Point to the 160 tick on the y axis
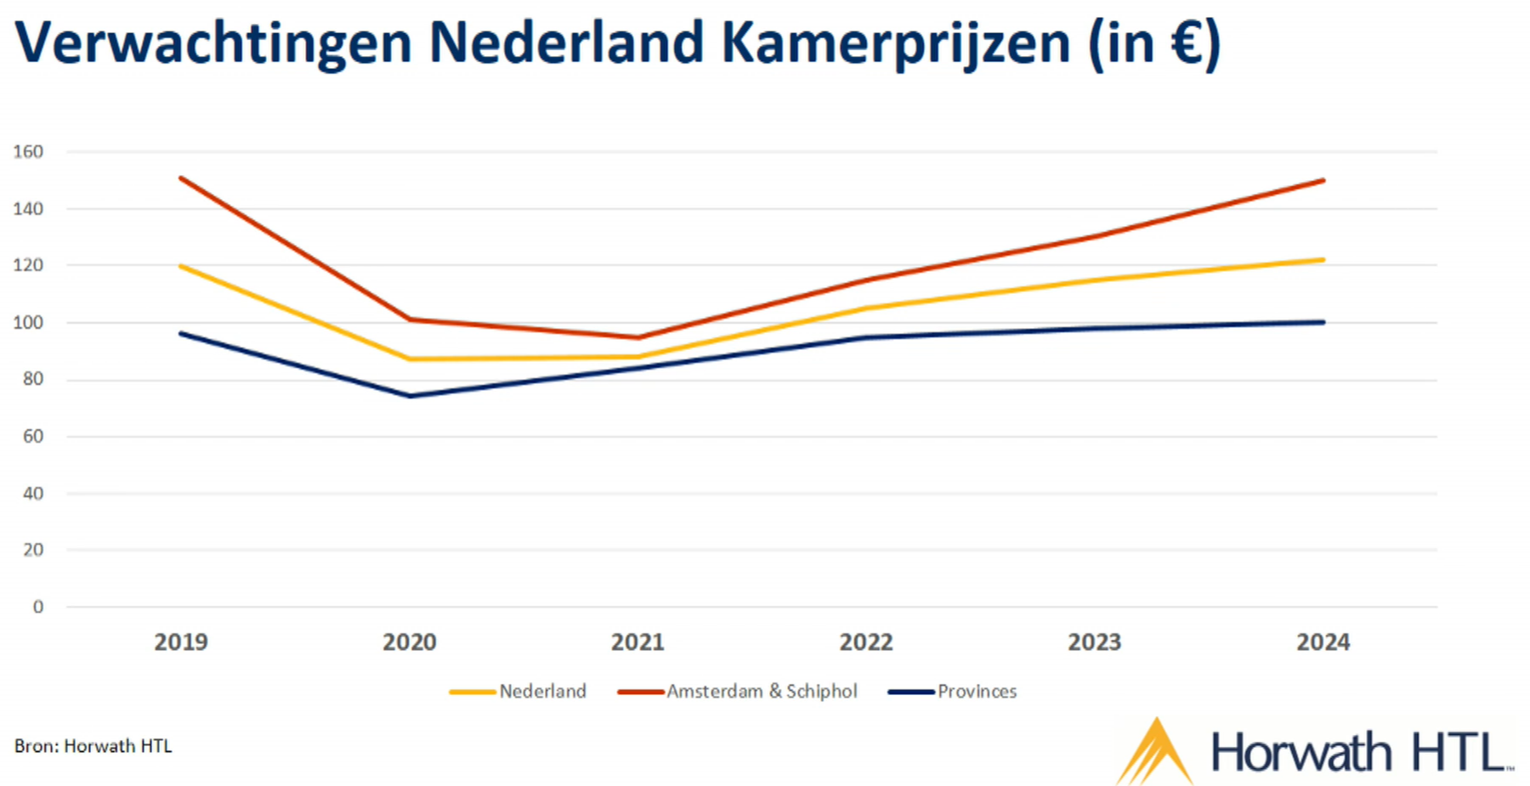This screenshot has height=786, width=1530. coord(28,152)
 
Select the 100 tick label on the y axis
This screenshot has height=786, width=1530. coord(28,323)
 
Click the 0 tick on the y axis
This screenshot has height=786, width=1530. coord(37,608)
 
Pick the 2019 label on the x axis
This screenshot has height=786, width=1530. coord(181,642)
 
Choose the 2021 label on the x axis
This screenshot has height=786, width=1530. coord(637,642)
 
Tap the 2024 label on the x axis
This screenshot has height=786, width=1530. coord(1323,642)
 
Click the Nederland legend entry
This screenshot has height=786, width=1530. coord(542,692)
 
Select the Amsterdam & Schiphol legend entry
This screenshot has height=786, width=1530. coord(762,692)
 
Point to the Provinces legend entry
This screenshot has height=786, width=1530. coord(977,692)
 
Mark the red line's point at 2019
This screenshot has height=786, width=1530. coord(181,178)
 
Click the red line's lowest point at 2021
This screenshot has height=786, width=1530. coord(638,337)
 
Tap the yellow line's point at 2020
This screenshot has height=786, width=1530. coord(411,359)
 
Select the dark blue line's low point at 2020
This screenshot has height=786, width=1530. coord(411,396)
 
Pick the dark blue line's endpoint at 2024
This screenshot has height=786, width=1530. coord(1323,322)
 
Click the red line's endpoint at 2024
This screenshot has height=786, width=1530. coord(1323,181)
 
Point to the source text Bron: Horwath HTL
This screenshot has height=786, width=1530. coord(93,746)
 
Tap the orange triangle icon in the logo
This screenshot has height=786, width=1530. coord(1155,752)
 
